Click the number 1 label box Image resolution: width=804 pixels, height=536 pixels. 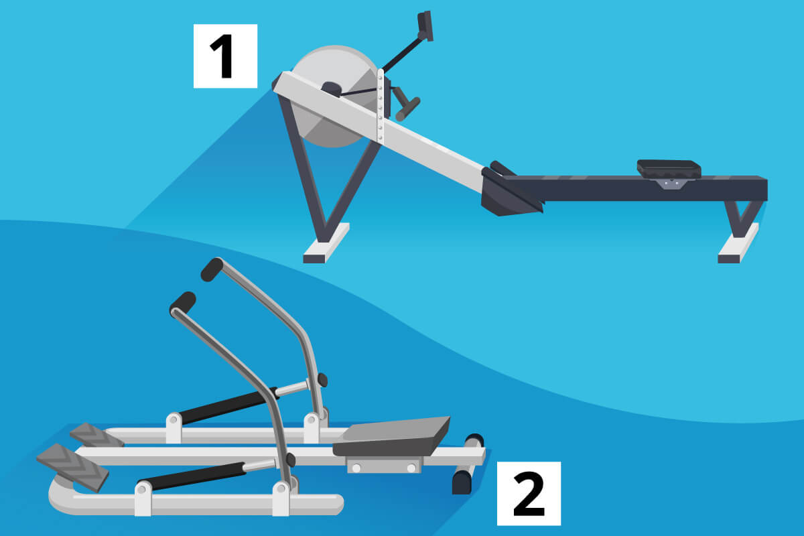(225, 56)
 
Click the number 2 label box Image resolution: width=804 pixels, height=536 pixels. (528, 493)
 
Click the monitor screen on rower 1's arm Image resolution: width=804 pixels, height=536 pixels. (425, 25)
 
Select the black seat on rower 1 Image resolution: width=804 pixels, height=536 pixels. (668, 168)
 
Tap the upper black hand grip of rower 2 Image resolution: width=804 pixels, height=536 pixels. (212, 269)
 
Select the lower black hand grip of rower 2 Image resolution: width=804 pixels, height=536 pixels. (182, 302)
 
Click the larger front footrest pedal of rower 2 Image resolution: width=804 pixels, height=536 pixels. (72, 466)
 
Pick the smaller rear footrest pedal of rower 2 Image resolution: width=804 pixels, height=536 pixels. (96, 434)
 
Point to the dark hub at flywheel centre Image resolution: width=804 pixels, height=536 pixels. (331, 89)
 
